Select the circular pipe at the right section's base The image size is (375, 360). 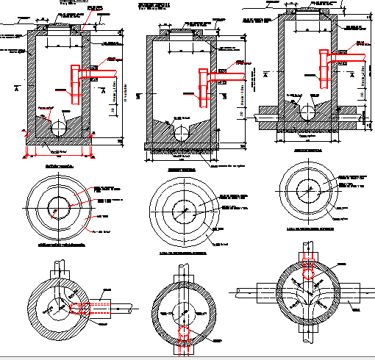click(x=308, y=112)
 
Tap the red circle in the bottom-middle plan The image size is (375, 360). click(x=182, y=336)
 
